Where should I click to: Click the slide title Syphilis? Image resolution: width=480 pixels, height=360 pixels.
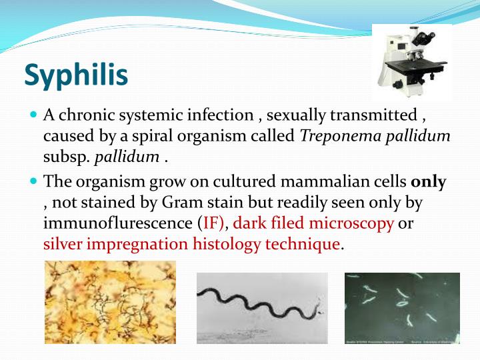pyautogui.click(x=76, y=75)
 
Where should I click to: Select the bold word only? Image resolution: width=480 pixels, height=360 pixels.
pyautogui.click(x=429, y=181)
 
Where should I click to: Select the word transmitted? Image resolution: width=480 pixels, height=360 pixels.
pyautogui.click(x=379, y=115)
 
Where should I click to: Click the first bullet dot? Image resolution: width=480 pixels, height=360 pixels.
pyautogui.click(x=35, y=115)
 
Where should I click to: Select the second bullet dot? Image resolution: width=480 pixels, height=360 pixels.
pyautogui.click(x=35, y=181)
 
